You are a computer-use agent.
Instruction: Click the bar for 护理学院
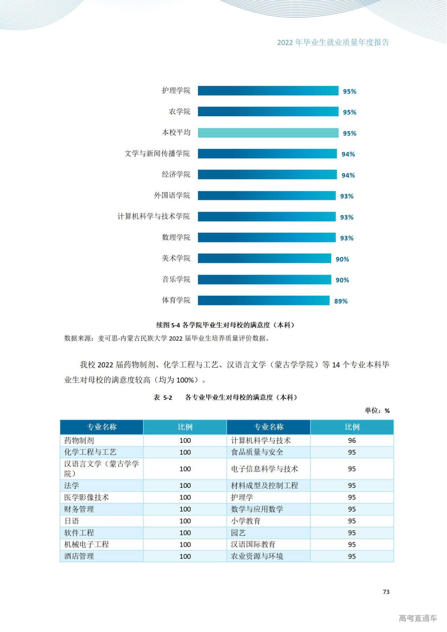(268, 91)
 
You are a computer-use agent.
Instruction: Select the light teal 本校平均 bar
(268, 133)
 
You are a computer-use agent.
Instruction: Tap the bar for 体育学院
(264, 300)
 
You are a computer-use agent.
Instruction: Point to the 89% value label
(341, 301)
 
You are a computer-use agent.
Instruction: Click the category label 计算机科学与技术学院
(154, 216)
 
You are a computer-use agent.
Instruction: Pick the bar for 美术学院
(264, 259)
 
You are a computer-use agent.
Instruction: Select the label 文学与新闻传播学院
(157, 154)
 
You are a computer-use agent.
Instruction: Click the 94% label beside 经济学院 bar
(348, 175)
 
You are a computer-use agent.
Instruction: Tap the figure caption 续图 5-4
(226, 325)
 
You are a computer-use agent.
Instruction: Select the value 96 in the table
(352, 440)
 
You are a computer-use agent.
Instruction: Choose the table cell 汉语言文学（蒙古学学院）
(101, 469)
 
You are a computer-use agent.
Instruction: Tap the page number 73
(386, 592)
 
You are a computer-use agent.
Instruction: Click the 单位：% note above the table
(377, 410)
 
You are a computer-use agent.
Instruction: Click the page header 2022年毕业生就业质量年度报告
(333, 43)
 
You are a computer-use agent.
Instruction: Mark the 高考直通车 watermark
(418, 618)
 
